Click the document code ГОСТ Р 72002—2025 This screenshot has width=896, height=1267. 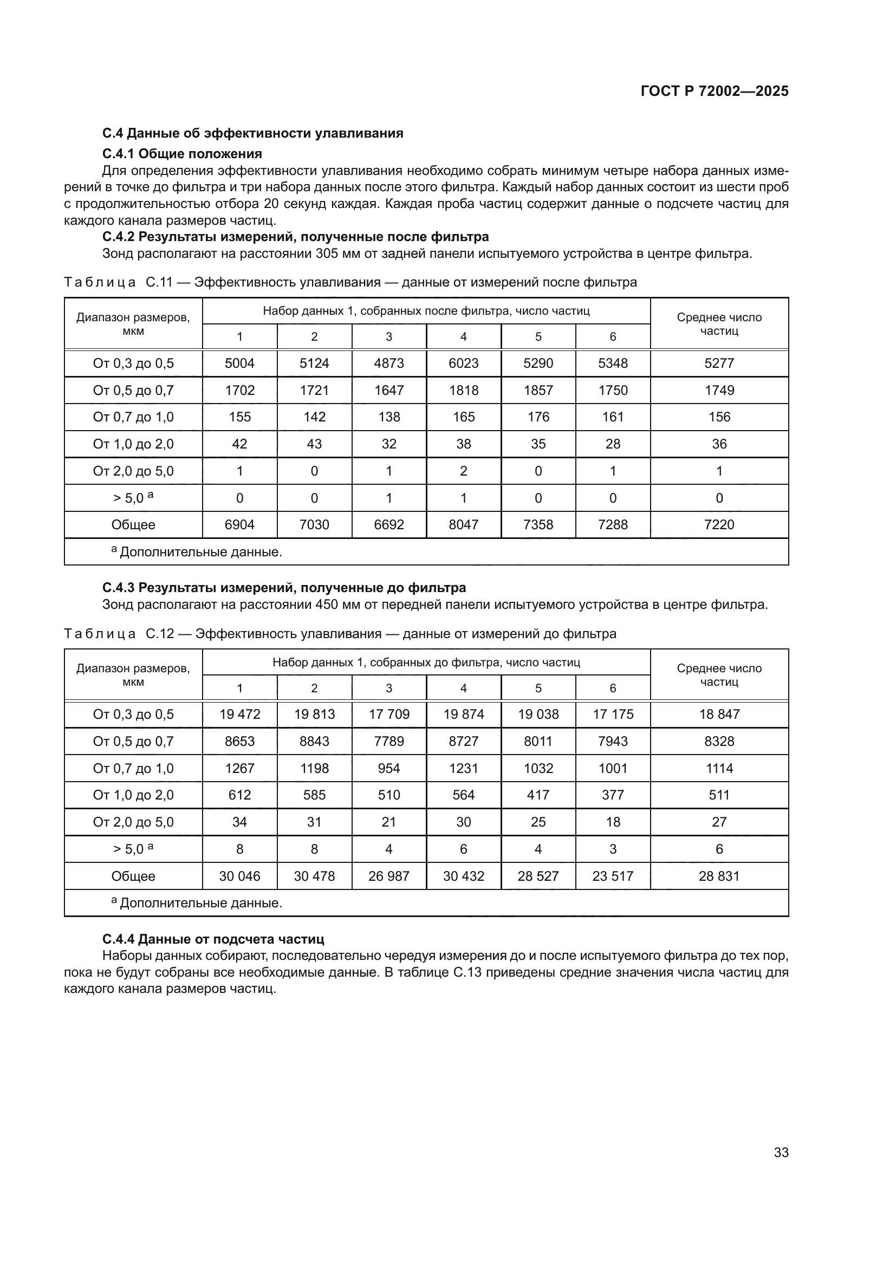pyautogui.click(x=715, y=91)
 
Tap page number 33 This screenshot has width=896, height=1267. pyautogui.click(x=781, y=1152)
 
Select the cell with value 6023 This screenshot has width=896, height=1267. pyautogui.click(x=464, y=363)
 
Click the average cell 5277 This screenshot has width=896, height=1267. pyautogui.click(x=719, y=363)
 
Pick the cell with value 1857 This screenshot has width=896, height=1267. pyautogui.click(x=538, y=390)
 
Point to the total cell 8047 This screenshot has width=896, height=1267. pyautogui.click(x=464, y=524)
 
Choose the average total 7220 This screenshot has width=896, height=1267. pyautogui.click(x=719, y=524)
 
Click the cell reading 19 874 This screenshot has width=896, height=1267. pyautogui.click(x=464, y=714)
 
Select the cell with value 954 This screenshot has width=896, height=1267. pyautogui.click(x=389, y=768)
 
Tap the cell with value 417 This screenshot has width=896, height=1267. pyautogui.click(x=538, y=795)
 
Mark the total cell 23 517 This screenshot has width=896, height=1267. pyautogui.click(x=613, y=876)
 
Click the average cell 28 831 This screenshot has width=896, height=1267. pyautogui.click(x=719, y=876)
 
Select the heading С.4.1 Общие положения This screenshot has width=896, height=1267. pyautogui.click(x=182, y=153)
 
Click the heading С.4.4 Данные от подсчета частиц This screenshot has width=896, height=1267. pyautogui.click(x=213, y=939)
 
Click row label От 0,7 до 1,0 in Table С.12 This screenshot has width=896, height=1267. pyautogui.click(x=133, y=768)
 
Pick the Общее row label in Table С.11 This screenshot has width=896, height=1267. pyautogui.click(x=133, y=524)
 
